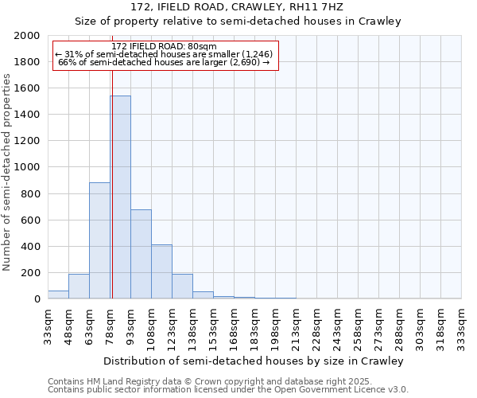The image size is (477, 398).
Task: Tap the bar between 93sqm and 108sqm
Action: [x=141, y=254]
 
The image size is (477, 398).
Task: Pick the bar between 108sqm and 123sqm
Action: [x=161, y=271]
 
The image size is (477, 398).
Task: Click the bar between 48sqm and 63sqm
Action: [x=79, y=287]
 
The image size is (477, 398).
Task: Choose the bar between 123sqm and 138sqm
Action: [x=182, y=287]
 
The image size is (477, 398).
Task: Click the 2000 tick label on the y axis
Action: [x=27, y=36]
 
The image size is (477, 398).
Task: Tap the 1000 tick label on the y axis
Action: [x=27, y=167]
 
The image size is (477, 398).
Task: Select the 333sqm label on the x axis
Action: [x=462, y=326]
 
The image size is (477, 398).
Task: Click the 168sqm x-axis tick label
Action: [x=235, y=326]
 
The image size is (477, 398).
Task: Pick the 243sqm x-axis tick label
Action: [x=338, y=326]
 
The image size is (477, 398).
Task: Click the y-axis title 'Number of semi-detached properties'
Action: [x=7, y=172]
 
